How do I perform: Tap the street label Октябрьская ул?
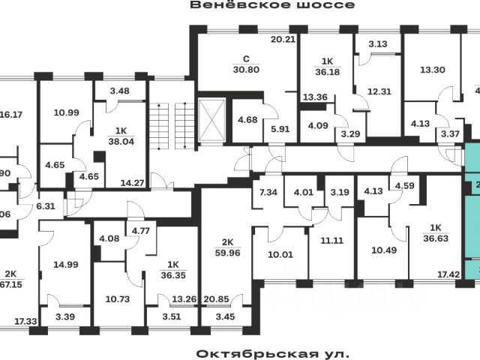coord(273,352)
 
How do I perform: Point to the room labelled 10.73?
coord(116,298)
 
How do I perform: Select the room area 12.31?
coord(379,91)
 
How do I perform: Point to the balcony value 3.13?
coord(379,43)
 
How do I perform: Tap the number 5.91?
coord(279,127)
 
